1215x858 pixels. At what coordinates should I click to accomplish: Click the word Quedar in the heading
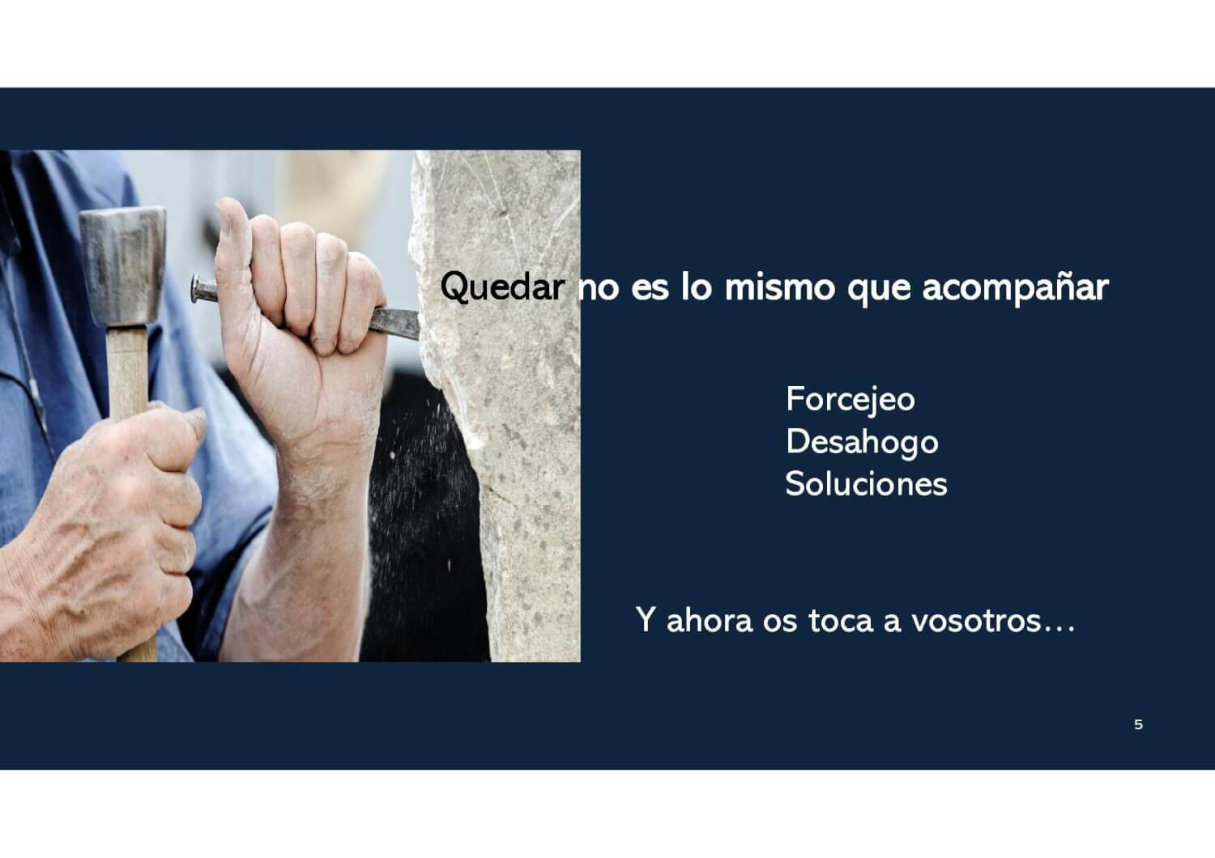tap(502, 287)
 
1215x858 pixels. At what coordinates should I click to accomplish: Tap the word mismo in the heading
tap(779, 287)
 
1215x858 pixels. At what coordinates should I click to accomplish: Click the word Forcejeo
tap(850, 401)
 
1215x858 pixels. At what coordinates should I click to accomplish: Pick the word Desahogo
tap(862, 442)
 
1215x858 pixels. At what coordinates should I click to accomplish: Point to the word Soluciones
tap(866, 483)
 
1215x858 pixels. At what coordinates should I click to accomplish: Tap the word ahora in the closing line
tap(710, 620)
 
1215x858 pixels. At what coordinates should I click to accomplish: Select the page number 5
tap(1139, 724)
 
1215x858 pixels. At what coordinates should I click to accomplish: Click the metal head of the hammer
tap(122, 265)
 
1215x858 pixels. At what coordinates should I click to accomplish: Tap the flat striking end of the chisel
tap(196, 289)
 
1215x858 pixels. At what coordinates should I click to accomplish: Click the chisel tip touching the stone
tap(416, 326)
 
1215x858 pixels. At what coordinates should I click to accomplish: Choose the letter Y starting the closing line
tap(645, 620)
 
